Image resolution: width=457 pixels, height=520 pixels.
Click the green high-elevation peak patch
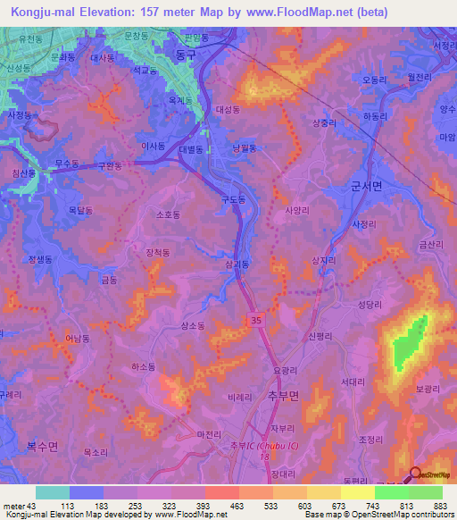point(407,343)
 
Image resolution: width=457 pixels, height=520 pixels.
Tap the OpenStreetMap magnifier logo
point(417,474)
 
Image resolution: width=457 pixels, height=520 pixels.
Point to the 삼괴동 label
point(237,264)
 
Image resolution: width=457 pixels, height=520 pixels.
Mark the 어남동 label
point(78,339)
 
